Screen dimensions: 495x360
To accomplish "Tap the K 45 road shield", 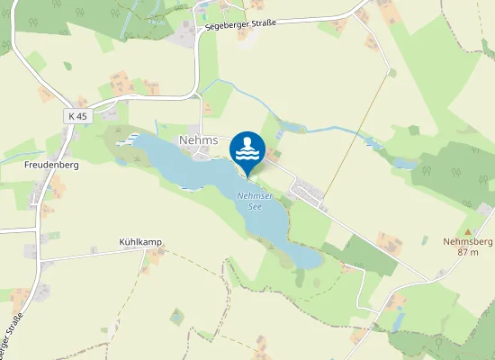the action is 78,116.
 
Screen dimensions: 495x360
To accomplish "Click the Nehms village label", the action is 199,140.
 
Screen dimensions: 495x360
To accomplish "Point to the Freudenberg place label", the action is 52,166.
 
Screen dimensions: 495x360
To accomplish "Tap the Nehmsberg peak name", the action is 468,241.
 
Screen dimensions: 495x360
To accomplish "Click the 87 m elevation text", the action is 468,252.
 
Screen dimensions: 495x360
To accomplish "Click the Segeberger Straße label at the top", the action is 239,24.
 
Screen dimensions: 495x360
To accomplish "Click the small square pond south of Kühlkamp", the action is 176,315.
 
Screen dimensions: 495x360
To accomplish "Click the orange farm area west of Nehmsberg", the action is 390,241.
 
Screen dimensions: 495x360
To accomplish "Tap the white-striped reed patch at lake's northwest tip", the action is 129,141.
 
